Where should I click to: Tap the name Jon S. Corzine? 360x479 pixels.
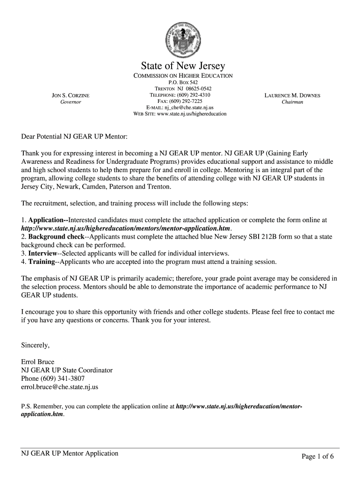pos(70,95)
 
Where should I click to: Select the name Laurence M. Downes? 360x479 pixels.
pos(292,95)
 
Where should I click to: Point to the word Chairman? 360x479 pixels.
pos(292,102)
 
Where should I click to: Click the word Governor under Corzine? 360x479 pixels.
pos(71,102)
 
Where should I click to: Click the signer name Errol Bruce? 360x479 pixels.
pos(38,362)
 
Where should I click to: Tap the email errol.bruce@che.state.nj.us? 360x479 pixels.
pos(60,387)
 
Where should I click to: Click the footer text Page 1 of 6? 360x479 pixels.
pos(317,457)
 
